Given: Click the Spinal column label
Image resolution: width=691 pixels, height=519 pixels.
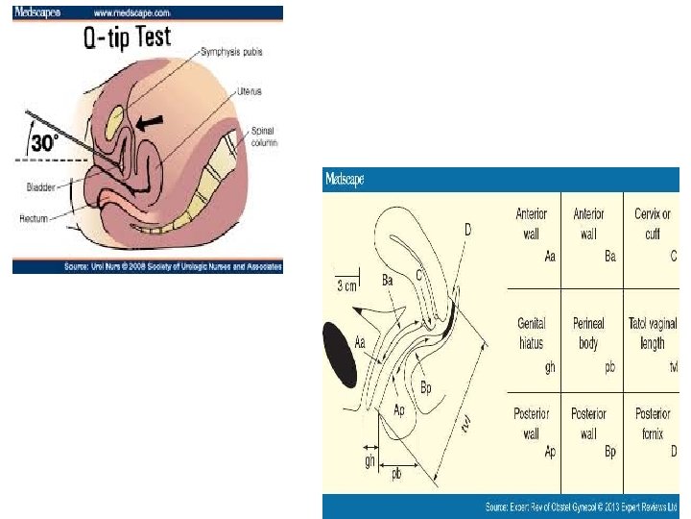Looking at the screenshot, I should point(263,136).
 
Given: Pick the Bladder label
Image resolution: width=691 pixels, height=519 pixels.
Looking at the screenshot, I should point(39,187).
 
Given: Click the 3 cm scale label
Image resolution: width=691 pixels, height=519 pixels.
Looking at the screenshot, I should point(347,285).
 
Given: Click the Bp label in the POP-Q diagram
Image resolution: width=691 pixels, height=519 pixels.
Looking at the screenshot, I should point(428,388).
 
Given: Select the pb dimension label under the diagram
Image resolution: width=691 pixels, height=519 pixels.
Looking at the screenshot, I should point(396,473).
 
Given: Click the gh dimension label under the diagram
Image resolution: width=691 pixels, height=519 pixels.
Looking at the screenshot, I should point(369,462).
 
